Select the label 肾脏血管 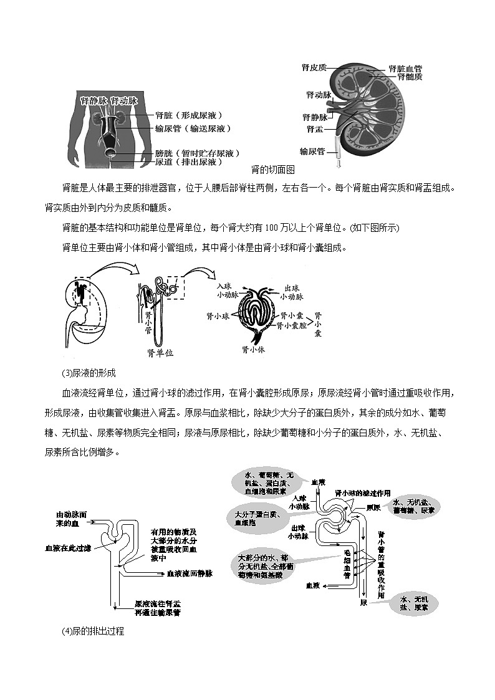[405, 68]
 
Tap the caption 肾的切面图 [272, 169]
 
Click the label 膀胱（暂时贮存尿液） [198, 153]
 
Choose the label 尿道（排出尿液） [189, 161]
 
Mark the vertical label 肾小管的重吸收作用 [381, 566]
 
